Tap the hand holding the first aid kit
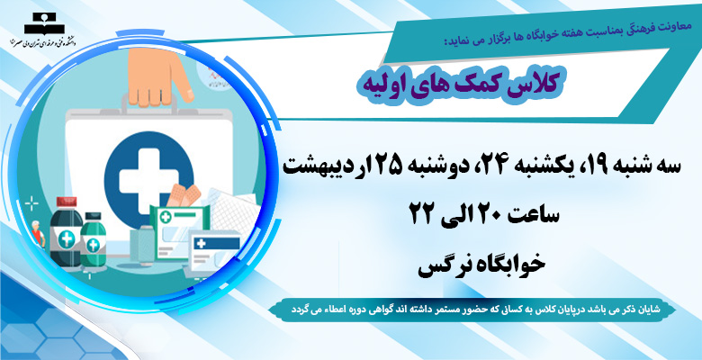pyautogui.click(x=160, y=77)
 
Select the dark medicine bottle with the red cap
pyautogui.click(x=66, y=232)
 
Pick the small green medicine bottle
pyautogui.click(x=93, y=239)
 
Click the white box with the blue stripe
pyautogui.click(x=215, y=251)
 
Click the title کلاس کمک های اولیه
pyautogui.click(x=462, y=85)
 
